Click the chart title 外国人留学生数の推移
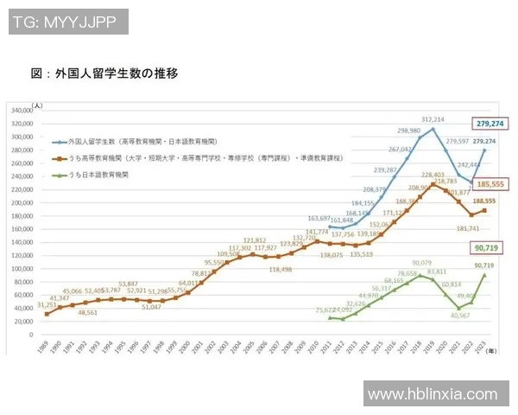tap(104, 73)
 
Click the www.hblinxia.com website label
tap(437, 394)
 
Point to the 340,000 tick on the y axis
tap(20, 110)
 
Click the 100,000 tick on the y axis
tap(20, 268)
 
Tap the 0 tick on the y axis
tap(29, 335)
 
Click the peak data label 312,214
tap(433, 119)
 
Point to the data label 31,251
tap(47, 304)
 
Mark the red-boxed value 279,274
tap(490, 124)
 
